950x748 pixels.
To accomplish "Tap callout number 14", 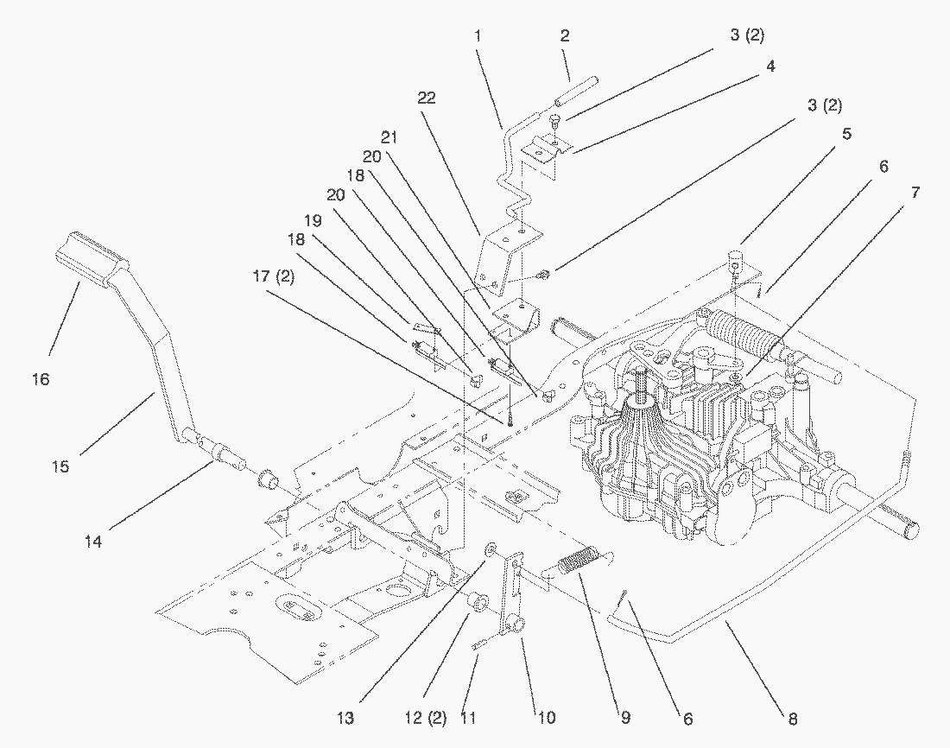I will pos(93,542).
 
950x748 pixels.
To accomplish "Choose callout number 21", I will pos(390,136).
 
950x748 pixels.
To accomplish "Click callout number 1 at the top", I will pos(478,36).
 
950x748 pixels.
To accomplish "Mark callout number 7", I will pos(914,193).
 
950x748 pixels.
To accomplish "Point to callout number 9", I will pos(624,718).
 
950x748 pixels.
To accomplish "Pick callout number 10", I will pos(547,718).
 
